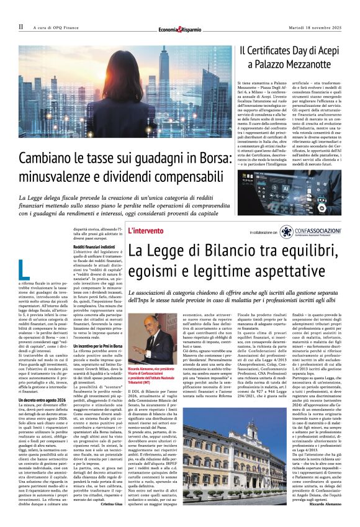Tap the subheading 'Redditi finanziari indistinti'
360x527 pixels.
[95, 247]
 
